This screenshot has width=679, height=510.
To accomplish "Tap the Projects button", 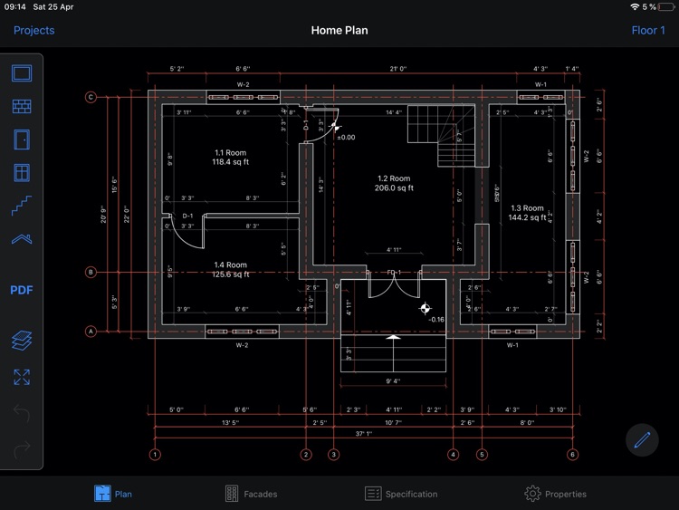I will coord(33,30).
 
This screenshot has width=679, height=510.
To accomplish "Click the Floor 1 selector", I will coord(647,30).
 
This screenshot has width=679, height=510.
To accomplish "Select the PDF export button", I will coord(22,290).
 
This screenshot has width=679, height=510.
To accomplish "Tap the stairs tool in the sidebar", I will coord(22,206).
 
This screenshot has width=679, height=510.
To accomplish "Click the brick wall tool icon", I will coord(22,107).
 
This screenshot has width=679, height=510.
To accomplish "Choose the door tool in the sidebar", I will coord(22,140).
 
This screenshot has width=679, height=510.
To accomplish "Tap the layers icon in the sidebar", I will coord(22,341).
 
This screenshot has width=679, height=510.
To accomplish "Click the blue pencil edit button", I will coord(643,440).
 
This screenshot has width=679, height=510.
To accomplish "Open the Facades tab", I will coord(250,494).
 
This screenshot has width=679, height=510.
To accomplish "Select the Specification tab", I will coord(401,494).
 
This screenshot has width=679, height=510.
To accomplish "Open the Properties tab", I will coord(555,494).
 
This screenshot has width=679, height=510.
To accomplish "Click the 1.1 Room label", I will coord(231,153).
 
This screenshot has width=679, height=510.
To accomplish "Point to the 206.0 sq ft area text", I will coord(394,188).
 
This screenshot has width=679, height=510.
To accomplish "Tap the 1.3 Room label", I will coord(527,208).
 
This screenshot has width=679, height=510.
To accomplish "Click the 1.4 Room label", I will coord(231,265).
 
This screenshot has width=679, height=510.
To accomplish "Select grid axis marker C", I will coord(91,98).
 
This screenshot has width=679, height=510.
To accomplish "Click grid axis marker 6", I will coord(572,455).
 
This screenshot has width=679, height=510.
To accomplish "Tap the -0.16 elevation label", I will coord(435,320).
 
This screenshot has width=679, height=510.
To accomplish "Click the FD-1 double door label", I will coord(394,272).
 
